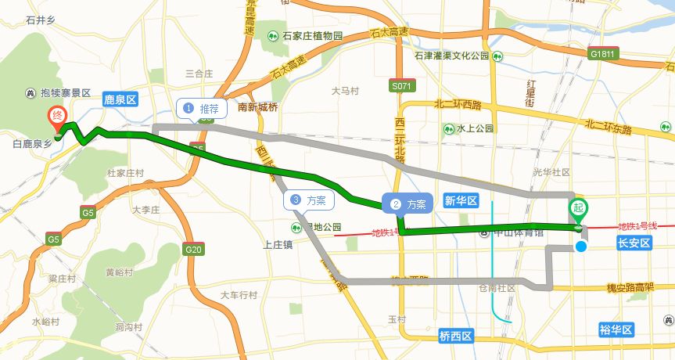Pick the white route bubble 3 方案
pos(308,200)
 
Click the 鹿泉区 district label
pos(120,99)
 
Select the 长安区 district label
pos(634,243)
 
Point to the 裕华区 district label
pos(616,329)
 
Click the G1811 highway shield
pos(604,54)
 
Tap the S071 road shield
pos(401,85)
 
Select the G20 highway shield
pos(193,250)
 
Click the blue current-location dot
pos(581,247)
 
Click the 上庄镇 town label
pos(278,245)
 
